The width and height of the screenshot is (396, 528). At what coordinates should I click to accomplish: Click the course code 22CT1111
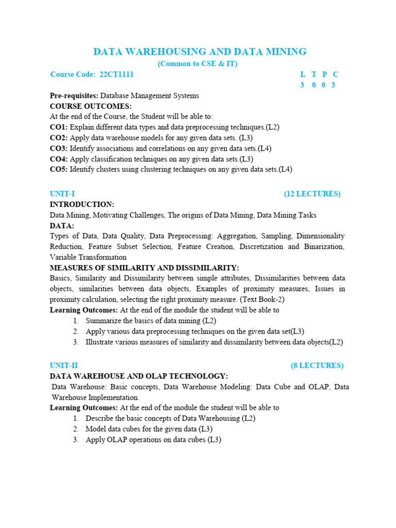(x=116, y=74)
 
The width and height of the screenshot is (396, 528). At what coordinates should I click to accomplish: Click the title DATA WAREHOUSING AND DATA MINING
(x=200, y=52)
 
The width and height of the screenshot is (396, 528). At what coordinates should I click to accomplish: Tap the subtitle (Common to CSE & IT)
(x=197, y=63)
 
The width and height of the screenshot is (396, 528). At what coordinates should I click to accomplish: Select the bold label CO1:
(x=59, y=127)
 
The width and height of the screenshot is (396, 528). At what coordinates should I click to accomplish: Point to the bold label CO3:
(x=59, y=148)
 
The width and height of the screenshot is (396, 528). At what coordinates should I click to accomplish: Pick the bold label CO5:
(x=59, y=169)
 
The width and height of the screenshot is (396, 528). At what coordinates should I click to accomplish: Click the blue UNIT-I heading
(x=62, y=194)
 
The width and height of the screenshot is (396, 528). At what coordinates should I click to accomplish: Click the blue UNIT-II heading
(x=64, y=366)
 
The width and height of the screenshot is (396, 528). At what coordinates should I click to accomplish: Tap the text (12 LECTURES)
(x=312, y=194)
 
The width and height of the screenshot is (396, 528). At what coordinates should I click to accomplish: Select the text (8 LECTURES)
(x=317, y=366)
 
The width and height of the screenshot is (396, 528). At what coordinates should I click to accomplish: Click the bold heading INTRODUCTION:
(x=82, y=205)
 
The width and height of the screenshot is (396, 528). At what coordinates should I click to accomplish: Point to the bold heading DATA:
(x=62, y=226)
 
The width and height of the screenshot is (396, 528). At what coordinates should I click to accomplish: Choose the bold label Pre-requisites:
(x=74, y=95)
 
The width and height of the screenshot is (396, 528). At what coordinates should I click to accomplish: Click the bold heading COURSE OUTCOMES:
(x=91, y=106)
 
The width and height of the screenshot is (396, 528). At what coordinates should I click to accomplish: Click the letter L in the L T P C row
(x=303, y=74)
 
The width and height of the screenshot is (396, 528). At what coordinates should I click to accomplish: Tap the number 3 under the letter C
(x=334, y=85)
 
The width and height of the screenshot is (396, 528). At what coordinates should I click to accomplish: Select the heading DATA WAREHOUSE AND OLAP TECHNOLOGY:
(x=139, y=376)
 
